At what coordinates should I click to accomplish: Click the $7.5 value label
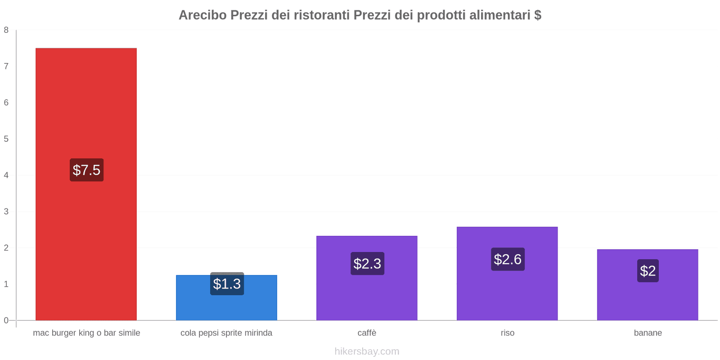[x=86, y=170]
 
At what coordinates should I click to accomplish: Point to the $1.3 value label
[x=227, y=284]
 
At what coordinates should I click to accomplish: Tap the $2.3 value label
[x=367, y=264]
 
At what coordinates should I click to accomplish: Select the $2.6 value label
[x=508, y=259]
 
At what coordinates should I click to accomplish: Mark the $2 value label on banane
[x=648, y=271]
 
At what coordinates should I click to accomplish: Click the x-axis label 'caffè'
[x=367, y=333]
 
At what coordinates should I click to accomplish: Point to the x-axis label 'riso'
[x=507, y=333]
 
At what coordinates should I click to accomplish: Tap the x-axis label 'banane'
[x=648, y=333]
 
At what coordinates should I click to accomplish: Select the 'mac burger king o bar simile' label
[x=86, y=333]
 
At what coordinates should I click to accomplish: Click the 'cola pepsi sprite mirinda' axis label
[x=226, y=333]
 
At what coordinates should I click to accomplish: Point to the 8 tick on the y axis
[x=6, y=30]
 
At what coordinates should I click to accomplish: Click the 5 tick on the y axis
[x=6, y=139]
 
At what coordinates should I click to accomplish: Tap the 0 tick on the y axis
[x=6, y=320]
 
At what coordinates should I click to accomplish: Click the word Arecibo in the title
[x=202, y=15]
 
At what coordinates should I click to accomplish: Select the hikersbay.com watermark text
[x=367, y=351]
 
